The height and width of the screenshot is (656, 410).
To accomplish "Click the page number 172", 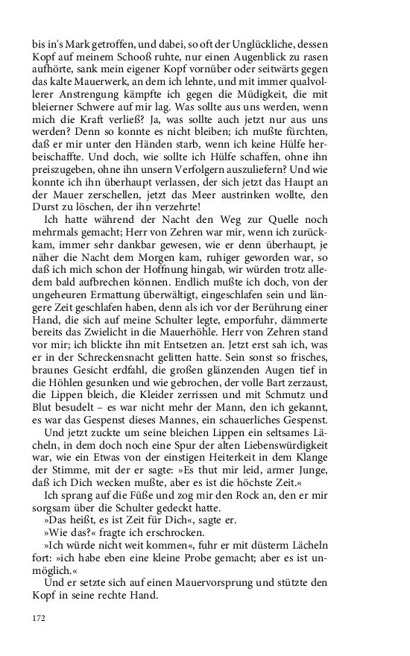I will [x=38, y=618].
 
